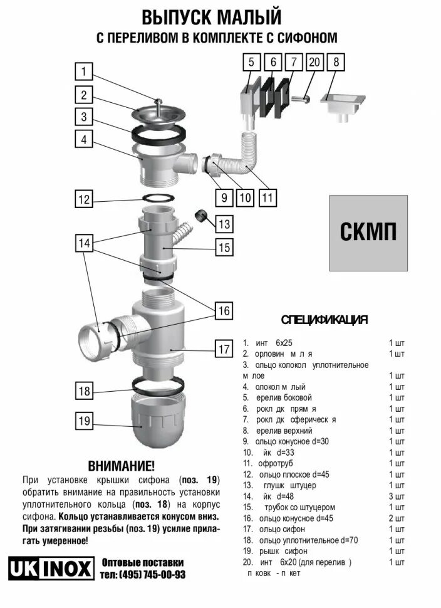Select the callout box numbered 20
pos(314,62)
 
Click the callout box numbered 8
pos(336,62)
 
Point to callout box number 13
pos(224,223)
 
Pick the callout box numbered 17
pos(224,349)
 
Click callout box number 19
pos(85,421)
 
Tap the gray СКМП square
pos(368,233)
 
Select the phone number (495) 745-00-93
pos(143,574)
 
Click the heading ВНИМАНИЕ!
pos(121,466)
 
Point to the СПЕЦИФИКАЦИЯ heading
pos(324,320)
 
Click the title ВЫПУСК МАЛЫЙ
pos(211,16)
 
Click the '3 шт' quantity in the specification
pos(397,496)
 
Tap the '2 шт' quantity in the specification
pos(397,518)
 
